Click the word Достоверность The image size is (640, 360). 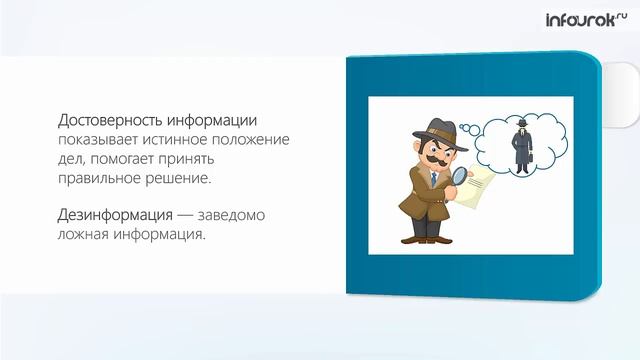click(111, 119)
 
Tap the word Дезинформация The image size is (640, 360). click(112, 215)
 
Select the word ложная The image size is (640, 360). click(85, 235)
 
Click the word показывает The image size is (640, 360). click(95, 139)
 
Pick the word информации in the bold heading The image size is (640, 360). click(221, 119)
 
